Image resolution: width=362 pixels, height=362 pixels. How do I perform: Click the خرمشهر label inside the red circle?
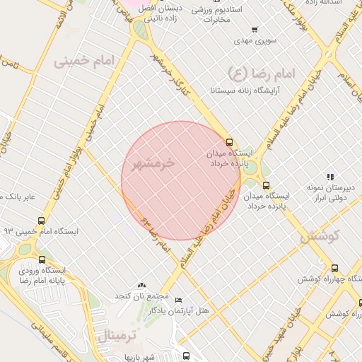coord(163,163)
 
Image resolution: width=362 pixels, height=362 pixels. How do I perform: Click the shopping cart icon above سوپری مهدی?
coord(254,30)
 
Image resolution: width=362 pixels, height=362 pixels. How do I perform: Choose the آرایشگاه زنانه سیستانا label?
coord(246,91)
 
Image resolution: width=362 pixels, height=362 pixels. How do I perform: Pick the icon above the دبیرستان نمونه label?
coord(330,177)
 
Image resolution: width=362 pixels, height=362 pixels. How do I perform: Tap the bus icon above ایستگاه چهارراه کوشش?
coord(334,268)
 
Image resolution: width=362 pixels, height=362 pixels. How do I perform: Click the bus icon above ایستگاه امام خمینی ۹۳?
coord(41,221)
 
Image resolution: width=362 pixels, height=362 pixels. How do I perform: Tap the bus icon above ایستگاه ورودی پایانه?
coord(42,259)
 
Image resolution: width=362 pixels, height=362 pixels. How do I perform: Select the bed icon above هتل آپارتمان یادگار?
coord(177,300)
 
